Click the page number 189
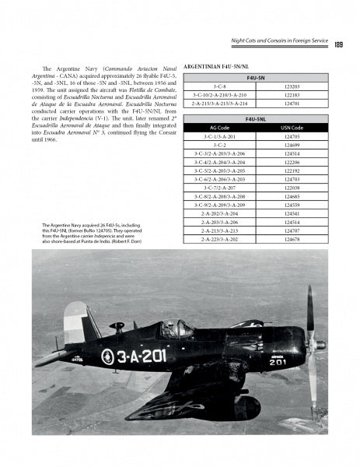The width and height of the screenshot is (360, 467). [x=339, y=44]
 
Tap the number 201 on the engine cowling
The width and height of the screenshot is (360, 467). [x=278, y=361]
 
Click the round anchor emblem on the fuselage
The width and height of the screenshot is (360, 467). [x=107, y=357]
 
